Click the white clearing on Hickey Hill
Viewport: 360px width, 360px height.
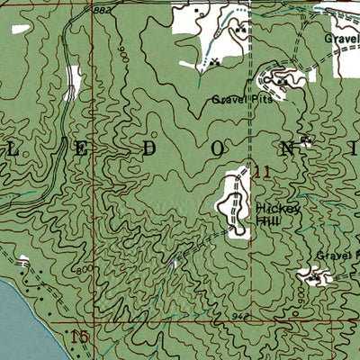tap(237, 202)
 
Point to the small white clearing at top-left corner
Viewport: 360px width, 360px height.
tap(20, 29)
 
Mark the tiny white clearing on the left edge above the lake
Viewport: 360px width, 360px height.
tap(22, 260)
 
